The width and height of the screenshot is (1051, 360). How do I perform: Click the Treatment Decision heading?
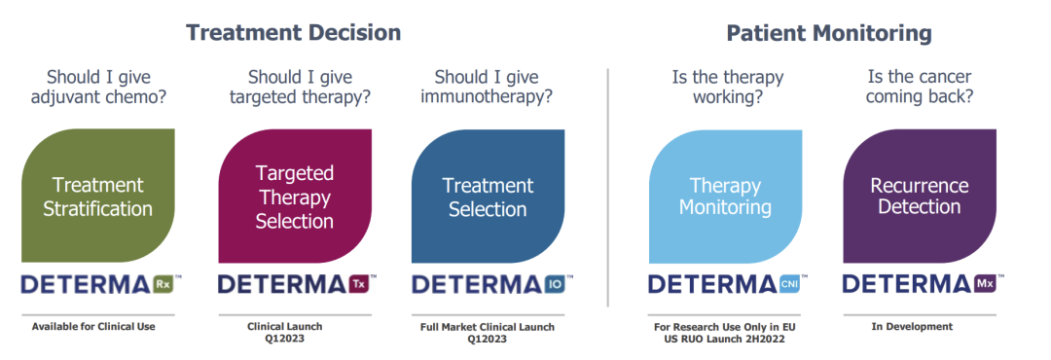coord(293,32)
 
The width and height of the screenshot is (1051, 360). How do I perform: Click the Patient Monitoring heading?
coord(829,33)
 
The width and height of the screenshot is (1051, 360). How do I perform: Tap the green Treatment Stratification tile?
coord(98,196)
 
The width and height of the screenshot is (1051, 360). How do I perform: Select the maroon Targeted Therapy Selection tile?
coord(295,196)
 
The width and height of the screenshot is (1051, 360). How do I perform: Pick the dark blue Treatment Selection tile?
coord(488,196)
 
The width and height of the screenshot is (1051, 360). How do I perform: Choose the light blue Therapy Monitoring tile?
coord(725,196)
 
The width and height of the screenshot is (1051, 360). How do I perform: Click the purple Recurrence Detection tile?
coord(919,196)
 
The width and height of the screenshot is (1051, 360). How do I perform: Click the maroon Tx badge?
coord(357,284)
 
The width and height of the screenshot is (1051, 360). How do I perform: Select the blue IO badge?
coord(555,284)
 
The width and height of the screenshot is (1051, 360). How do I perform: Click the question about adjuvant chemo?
coord(98,88)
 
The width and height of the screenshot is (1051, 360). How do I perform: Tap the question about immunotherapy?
coord(487,88)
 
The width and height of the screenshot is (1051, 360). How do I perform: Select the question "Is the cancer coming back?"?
coord(919,88)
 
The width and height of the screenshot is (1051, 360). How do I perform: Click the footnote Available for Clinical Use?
coord(93,327)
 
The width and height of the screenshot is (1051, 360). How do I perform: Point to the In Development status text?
coord(912,327)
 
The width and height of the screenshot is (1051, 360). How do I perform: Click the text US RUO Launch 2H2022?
coord(725,340)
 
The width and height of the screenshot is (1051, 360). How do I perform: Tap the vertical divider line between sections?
coord(608,187)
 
